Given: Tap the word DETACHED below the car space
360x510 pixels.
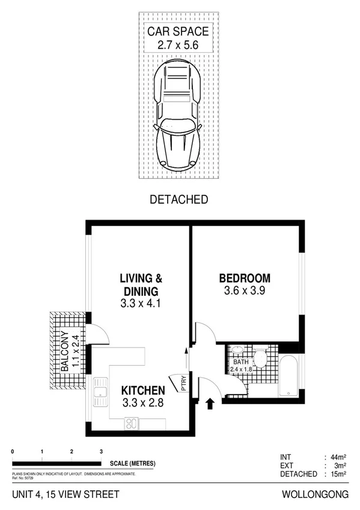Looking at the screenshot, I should (x=178, y=199).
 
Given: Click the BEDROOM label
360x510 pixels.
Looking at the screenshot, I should (x=244, y=278).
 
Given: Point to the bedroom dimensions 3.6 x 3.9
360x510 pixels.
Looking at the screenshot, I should (x=244, y=290).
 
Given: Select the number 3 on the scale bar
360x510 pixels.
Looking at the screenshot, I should (x=101, y=451).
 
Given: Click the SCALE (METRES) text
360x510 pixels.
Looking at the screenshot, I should (x=132, y=463).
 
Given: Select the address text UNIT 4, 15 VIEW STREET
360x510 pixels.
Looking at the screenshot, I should (x=66, y=494).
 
